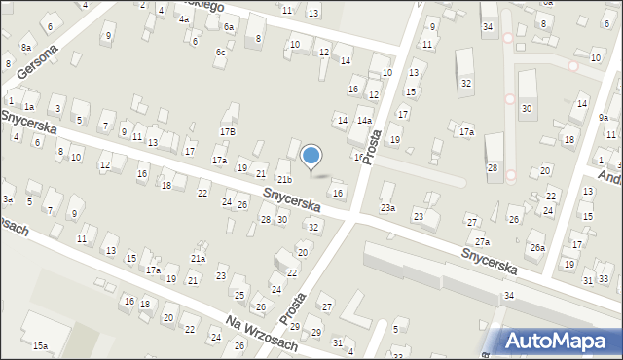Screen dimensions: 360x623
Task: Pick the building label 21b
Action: coord(283,180)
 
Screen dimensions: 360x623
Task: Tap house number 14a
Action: coord(363,120)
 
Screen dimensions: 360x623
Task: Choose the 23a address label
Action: coord(388,207)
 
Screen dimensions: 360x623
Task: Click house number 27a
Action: coord(482,241)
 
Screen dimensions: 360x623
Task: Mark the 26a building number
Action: coord(537,248)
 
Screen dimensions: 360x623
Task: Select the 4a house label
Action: coord(184,18)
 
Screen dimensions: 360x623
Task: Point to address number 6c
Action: coord(221,52)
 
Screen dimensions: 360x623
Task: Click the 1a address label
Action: coord(29,106)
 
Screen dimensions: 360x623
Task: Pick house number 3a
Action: coord(7,199)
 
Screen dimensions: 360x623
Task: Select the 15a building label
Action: coord(40,345)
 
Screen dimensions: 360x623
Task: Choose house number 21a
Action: coord(198,258)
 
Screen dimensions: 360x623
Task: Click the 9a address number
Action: coord(604,118)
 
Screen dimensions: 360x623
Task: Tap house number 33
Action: coord(604,279)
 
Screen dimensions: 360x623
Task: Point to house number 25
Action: coord(238,294)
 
